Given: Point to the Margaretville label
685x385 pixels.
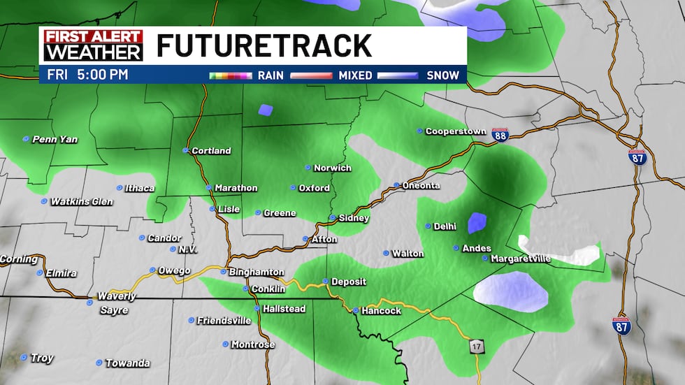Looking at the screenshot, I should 521,259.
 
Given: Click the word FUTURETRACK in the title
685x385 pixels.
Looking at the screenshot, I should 264,45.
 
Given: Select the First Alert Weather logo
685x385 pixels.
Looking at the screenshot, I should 93,45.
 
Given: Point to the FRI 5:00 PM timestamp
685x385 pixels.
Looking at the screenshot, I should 87,75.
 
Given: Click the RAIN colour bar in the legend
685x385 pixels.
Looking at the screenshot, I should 231,75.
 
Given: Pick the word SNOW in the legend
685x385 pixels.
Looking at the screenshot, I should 442,75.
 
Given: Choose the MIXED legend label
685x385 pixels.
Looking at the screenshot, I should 355,75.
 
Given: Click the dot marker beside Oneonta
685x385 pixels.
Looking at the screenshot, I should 396,185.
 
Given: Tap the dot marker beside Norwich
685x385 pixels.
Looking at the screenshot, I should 308,168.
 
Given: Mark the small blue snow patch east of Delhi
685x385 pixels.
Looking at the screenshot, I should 477,222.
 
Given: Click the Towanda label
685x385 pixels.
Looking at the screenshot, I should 127,363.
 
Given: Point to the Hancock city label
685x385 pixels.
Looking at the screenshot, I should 381,310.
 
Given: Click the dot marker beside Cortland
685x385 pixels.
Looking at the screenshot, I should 185,150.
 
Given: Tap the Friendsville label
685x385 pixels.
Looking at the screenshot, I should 224,320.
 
